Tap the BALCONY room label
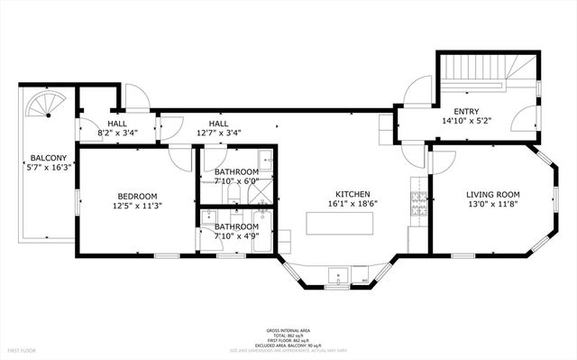coord(45,157)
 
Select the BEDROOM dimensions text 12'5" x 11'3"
coord(137,206)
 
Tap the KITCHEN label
coord(353,195)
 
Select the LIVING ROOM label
coord(492,195)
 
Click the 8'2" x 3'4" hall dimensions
coord(117,134)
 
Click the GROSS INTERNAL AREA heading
coord(289,331)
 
